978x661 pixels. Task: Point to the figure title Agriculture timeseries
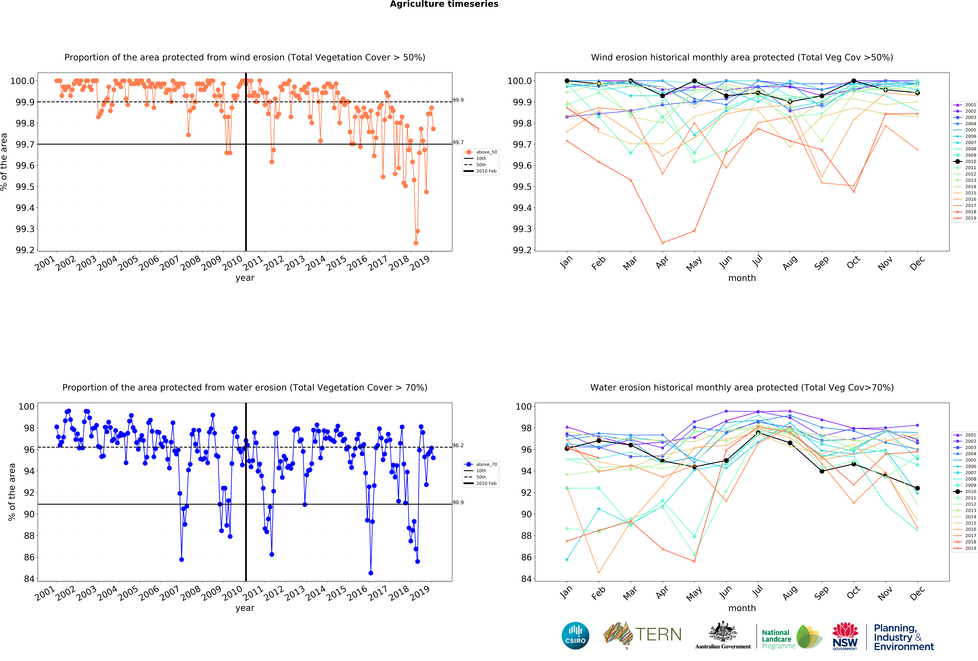[444, 4]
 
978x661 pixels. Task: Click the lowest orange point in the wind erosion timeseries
[416, 243]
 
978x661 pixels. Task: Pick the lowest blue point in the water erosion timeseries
[371, 573]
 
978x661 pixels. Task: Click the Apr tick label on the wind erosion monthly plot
[662, 262]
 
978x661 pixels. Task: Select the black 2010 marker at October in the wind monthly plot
[853, 81]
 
